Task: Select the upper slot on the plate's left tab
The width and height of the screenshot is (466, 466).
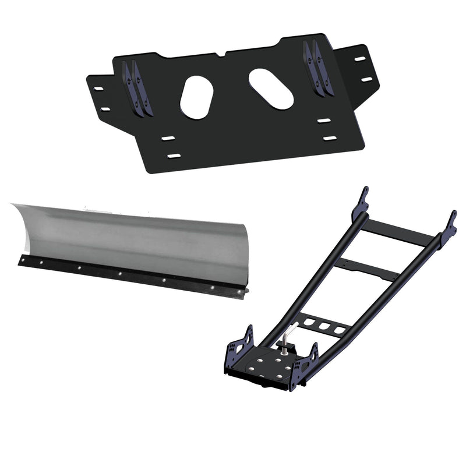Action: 98,89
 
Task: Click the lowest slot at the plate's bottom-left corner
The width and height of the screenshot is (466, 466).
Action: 174,156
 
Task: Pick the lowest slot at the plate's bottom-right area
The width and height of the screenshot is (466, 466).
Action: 330,138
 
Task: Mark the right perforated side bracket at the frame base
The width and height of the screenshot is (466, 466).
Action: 306,363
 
